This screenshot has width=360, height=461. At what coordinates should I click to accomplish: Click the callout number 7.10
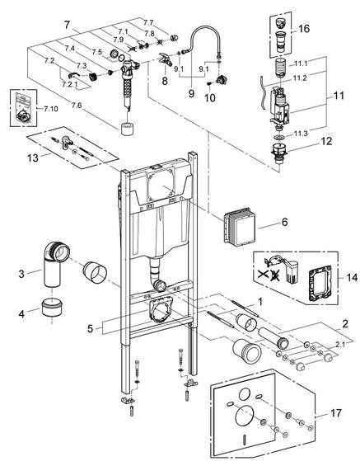[51, 109]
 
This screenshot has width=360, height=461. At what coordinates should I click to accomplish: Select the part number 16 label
[304, 29]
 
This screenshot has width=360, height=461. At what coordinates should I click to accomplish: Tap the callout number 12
[326, 141]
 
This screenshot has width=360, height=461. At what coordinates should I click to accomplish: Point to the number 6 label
[284, 222]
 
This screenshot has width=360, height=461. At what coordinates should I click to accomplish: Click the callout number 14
[352, 277]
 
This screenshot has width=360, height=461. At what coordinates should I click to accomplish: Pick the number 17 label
[336, 413]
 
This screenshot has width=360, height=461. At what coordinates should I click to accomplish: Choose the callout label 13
[33, 158]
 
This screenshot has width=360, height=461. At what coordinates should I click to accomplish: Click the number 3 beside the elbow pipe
[21, 274]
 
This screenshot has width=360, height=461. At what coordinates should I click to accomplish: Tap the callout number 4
[21, 314]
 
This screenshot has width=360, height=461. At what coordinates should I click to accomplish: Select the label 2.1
[340, 344]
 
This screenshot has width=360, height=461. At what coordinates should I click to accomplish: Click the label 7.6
[77, 106]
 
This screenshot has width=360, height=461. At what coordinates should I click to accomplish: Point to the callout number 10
[210, 98]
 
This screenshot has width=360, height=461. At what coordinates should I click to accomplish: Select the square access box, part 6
[240, 226]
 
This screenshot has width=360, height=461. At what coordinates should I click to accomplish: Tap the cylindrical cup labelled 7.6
[128, 129]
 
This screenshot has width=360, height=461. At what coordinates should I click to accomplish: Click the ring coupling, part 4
[52, 307]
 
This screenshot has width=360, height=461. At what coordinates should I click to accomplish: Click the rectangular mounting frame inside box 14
[320, 284]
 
